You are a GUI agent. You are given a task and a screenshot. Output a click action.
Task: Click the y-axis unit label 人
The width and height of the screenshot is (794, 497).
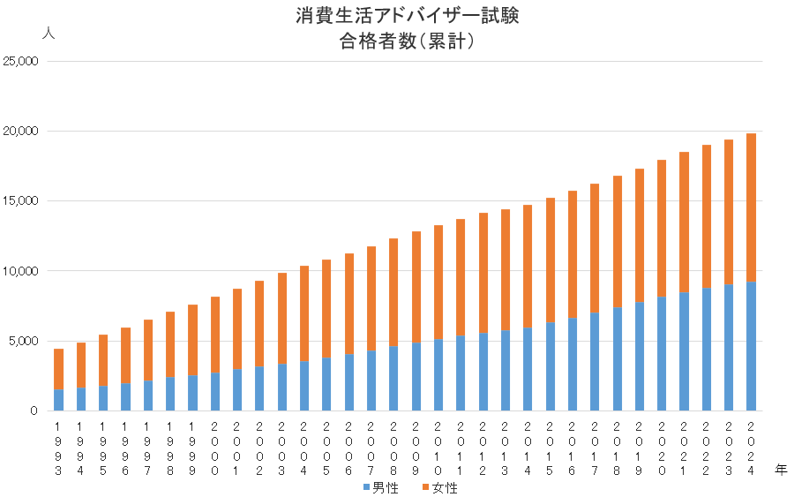49,32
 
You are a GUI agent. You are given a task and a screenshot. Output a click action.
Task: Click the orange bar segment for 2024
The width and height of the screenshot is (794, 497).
751,207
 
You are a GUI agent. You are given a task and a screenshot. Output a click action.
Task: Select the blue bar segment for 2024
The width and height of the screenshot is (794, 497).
751,346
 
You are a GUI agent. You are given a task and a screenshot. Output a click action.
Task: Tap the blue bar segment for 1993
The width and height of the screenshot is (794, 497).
58,400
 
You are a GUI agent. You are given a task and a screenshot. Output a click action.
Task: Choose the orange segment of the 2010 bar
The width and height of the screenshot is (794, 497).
438,282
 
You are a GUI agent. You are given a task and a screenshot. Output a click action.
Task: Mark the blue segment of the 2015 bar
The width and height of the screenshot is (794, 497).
550,366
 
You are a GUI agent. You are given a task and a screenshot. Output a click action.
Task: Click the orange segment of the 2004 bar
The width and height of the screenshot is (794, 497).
303,313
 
